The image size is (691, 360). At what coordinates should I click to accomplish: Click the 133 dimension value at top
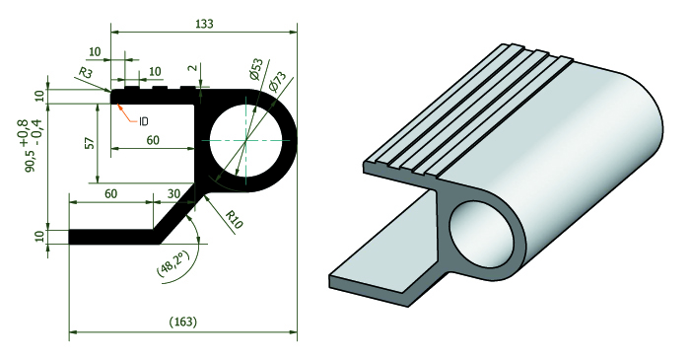pyautogui.click(x=204, y=23)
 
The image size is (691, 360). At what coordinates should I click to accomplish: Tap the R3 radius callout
pyautogui.click(x=87, y=72)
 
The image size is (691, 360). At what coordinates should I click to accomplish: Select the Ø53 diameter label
pyautogui.click(x=255, y=69)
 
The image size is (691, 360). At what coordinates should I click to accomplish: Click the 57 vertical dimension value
pyautogui.click(x=89, y=143)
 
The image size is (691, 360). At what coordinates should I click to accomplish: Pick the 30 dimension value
pyautogui.click(x=174, y=193)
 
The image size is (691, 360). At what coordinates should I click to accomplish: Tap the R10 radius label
pyautogui.click(x=234, y=219)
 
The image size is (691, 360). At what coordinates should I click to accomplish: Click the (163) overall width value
pyautogui.click(x=183, y=322)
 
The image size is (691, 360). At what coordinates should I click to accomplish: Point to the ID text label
pyautogui.click(x=144, y=121)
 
